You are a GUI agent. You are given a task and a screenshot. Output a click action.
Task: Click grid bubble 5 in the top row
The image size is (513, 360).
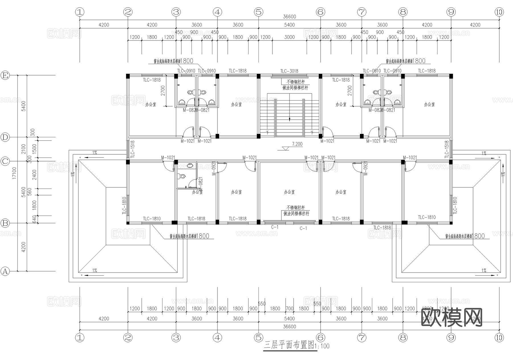pos(258,12)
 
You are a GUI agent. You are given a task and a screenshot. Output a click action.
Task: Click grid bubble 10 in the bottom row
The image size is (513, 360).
pos(499,337)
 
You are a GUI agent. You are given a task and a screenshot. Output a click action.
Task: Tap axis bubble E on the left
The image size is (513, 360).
pos(5,75)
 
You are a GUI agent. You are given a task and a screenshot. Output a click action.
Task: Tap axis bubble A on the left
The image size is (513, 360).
pos(5,271)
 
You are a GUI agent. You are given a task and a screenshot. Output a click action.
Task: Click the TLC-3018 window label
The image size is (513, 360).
pos(289,71)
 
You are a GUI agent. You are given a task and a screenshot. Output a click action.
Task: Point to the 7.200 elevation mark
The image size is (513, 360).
pos(297,144)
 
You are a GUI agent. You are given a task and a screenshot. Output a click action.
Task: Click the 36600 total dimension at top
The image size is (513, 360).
pos(289,17)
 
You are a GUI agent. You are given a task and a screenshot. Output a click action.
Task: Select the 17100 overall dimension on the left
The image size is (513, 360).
pos(14,173)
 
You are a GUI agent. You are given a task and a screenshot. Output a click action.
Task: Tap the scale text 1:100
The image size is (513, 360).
pos(322,346)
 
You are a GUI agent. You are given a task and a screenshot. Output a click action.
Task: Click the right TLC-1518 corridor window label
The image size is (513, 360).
pos(447,150)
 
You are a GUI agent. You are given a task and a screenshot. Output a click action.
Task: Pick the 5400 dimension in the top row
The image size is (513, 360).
pos(289,25)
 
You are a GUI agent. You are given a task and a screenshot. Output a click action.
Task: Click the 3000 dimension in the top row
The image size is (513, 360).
pos(289,37)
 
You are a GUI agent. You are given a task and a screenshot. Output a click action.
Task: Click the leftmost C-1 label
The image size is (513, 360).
pos(275,227)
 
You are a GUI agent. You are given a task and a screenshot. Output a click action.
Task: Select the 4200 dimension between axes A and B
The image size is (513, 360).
pos(24,247)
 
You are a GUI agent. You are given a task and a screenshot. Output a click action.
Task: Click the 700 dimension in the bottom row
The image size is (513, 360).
pos(289,308)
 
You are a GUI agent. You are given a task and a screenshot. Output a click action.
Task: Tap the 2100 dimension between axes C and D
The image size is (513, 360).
pos(24,149)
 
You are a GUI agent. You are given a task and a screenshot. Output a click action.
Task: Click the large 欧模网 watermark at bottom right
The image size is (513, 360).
pos(451,317)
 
